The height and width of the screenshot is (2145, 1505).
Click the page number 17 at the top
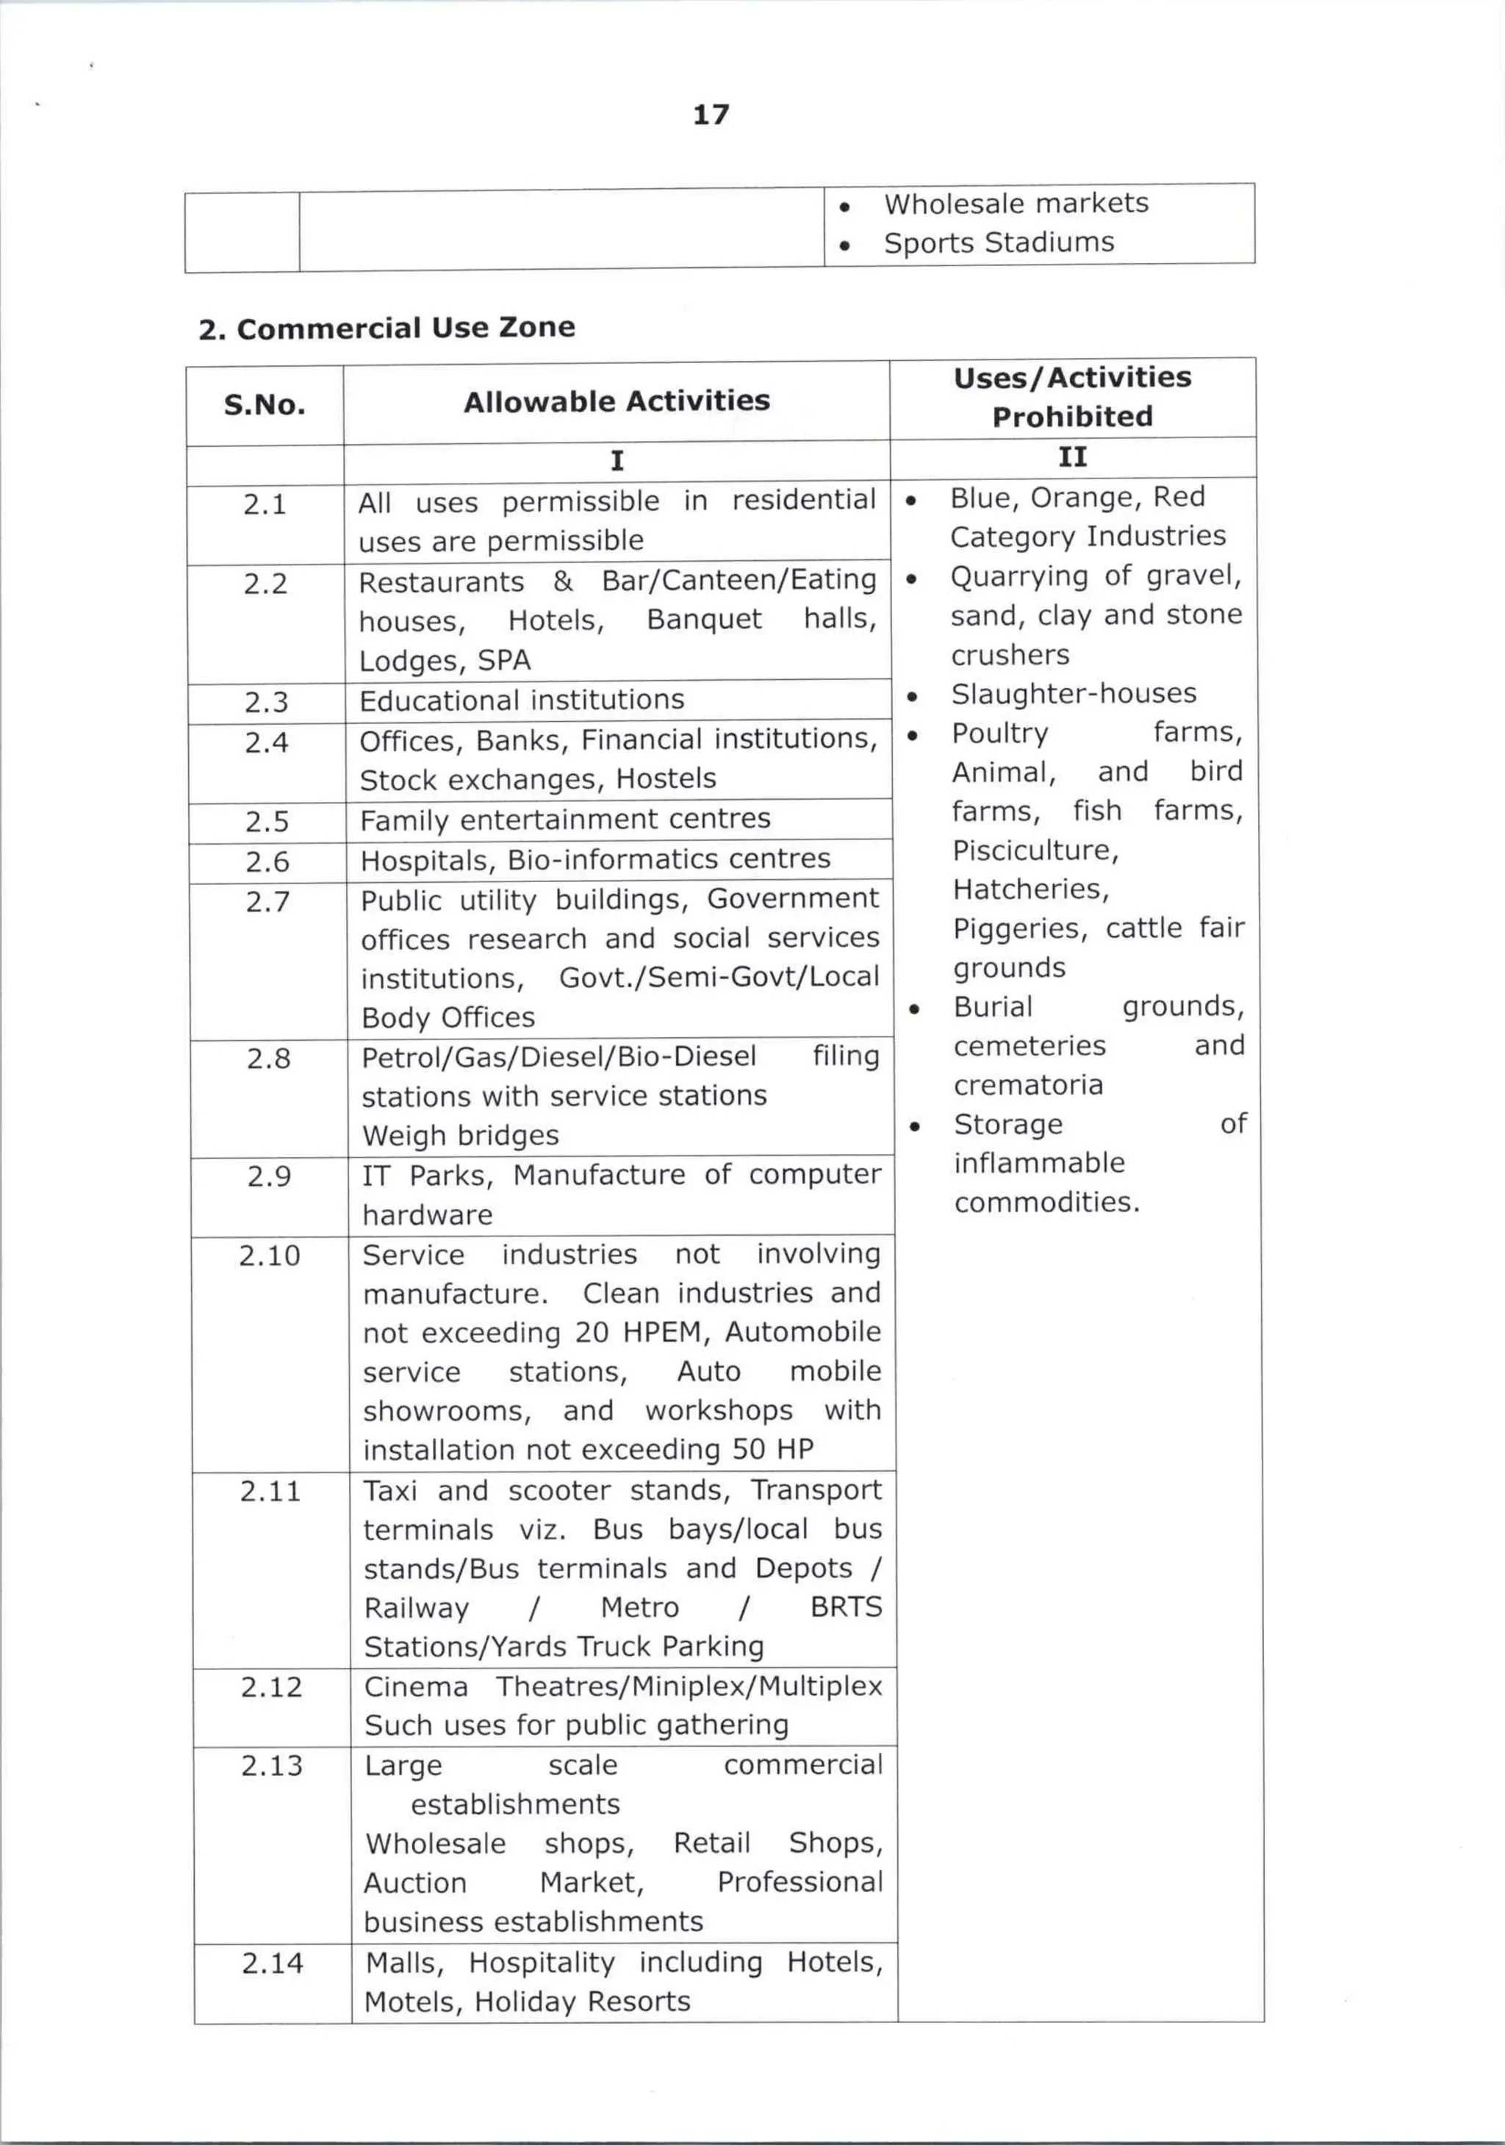pyautogui.click(x=711, y=115)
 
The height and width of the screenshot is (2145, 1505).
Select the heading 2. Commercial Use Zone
pyautogui.click(x=386, y=328)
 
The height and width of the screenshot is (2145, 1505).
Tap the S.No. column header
pyautogui.click(x=265, y=404)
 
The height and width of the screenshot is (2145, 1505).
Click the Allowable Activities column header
pyautogui.click(x=617, y=401)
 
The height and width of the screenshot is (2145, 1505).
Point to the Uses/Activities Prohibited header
pyautogui.click(x=1071, y=396)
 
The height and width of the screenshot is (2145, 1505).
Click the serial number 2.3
pyautogui.click(x=266, y=701)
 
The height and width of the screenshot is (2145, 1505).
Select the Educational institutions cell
pyautogui.click(x=521, y=700)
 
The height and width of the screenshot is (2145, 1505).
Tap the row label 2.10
pyautogui.click(x=269, y=1255)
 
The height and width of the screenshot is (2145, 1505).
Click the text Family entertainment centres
pyautogui.click(x=565, y=820)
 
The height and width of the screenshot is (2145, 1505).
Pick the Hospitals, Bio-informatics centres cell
pyautogui.click(x=595, y=859)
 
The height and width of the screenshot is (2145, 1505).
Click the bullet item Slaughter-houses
pyautogui.click(x=1074, y=693)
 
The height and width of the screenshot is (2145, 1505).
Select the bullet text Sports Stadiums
pyautogui.click(x=999, y=243)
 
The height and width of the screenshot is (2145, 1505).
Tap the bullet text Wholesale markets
pyautogui.click(x=1016, y=204)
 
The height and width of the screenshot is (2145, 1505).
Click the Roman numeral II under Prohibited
pyautogui.click(x=1071, y=456)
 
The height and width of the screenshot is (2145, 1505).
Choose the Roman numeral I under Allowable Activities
pyautogui.click(x=617, y=461)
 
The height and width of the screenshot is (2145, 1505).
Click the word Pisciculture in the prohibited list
pyautogui.click(x=1034, y=851)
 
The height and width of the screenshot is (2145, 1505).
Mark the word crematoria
pyautogui.click(x=1027, y=1085)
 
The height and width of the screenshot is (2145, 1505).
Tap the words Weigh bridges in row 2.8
pyautogui.click(x=461, y=1135)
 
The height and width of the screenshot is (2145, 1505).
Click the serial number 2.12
pyautogui.click(x=271, y=1686)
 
